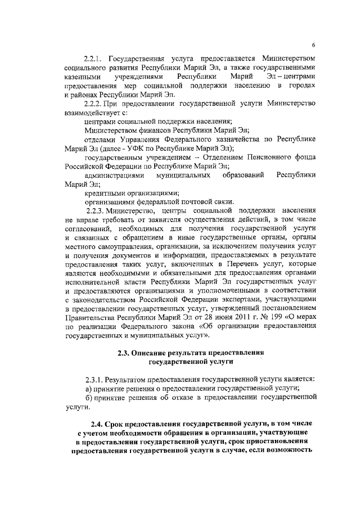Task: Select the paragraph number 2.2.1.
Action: (x=94, y=58)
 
